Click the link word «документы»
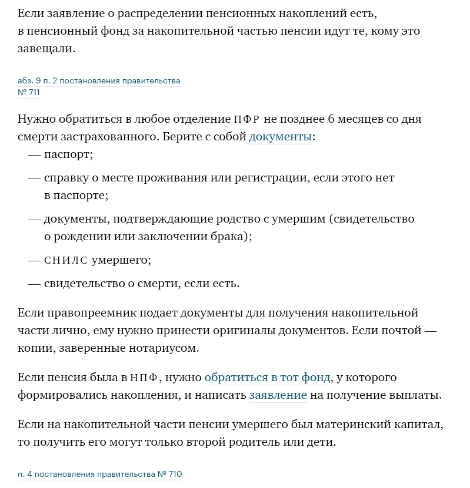[280, 137]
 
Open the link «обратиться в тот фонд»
[268, 377]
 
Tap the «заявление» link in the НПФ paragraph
[278, 395]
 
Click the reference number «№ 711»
[29, 92]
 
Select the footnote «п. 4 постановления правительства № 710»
[100, 474]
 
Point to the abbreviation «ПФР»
[246, 120]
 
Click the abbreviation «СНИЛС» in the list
[65, 260]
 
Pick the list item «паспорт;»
[68, 154]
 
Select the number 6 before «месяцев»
[331, 119]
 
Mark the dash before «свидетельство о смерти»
[34, 284]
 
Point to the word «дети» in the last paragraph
[321, 442]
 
